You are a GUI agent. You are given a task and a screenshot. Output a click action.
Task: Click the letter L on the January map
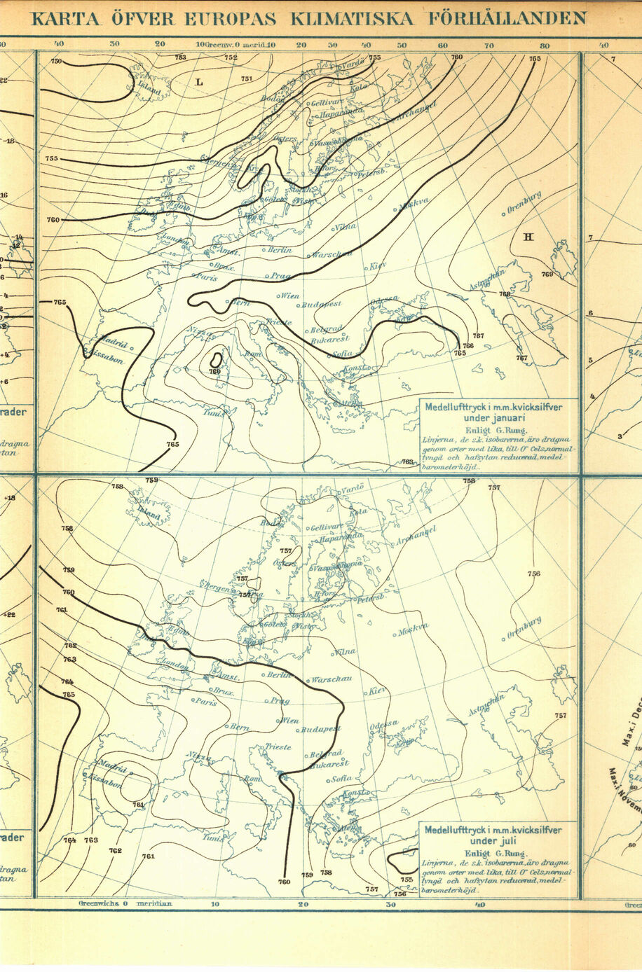[x=199, y=82]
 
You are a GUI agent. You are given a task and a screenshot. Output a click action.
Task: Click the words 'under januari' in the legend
[x=497, y=418]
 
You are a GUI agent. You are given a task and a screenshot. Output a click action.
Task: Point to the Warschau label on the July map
[x=331, y=679]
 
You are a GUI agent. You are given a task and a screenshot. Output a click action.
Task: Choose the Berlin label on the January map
[x=279, y=249]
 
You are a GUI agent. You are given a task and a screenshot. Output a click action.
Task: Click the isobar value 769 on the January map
[x=547, y=275]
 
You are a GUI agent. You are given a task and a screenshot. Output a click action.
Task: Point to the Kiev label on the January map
[x=378, y=265]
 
